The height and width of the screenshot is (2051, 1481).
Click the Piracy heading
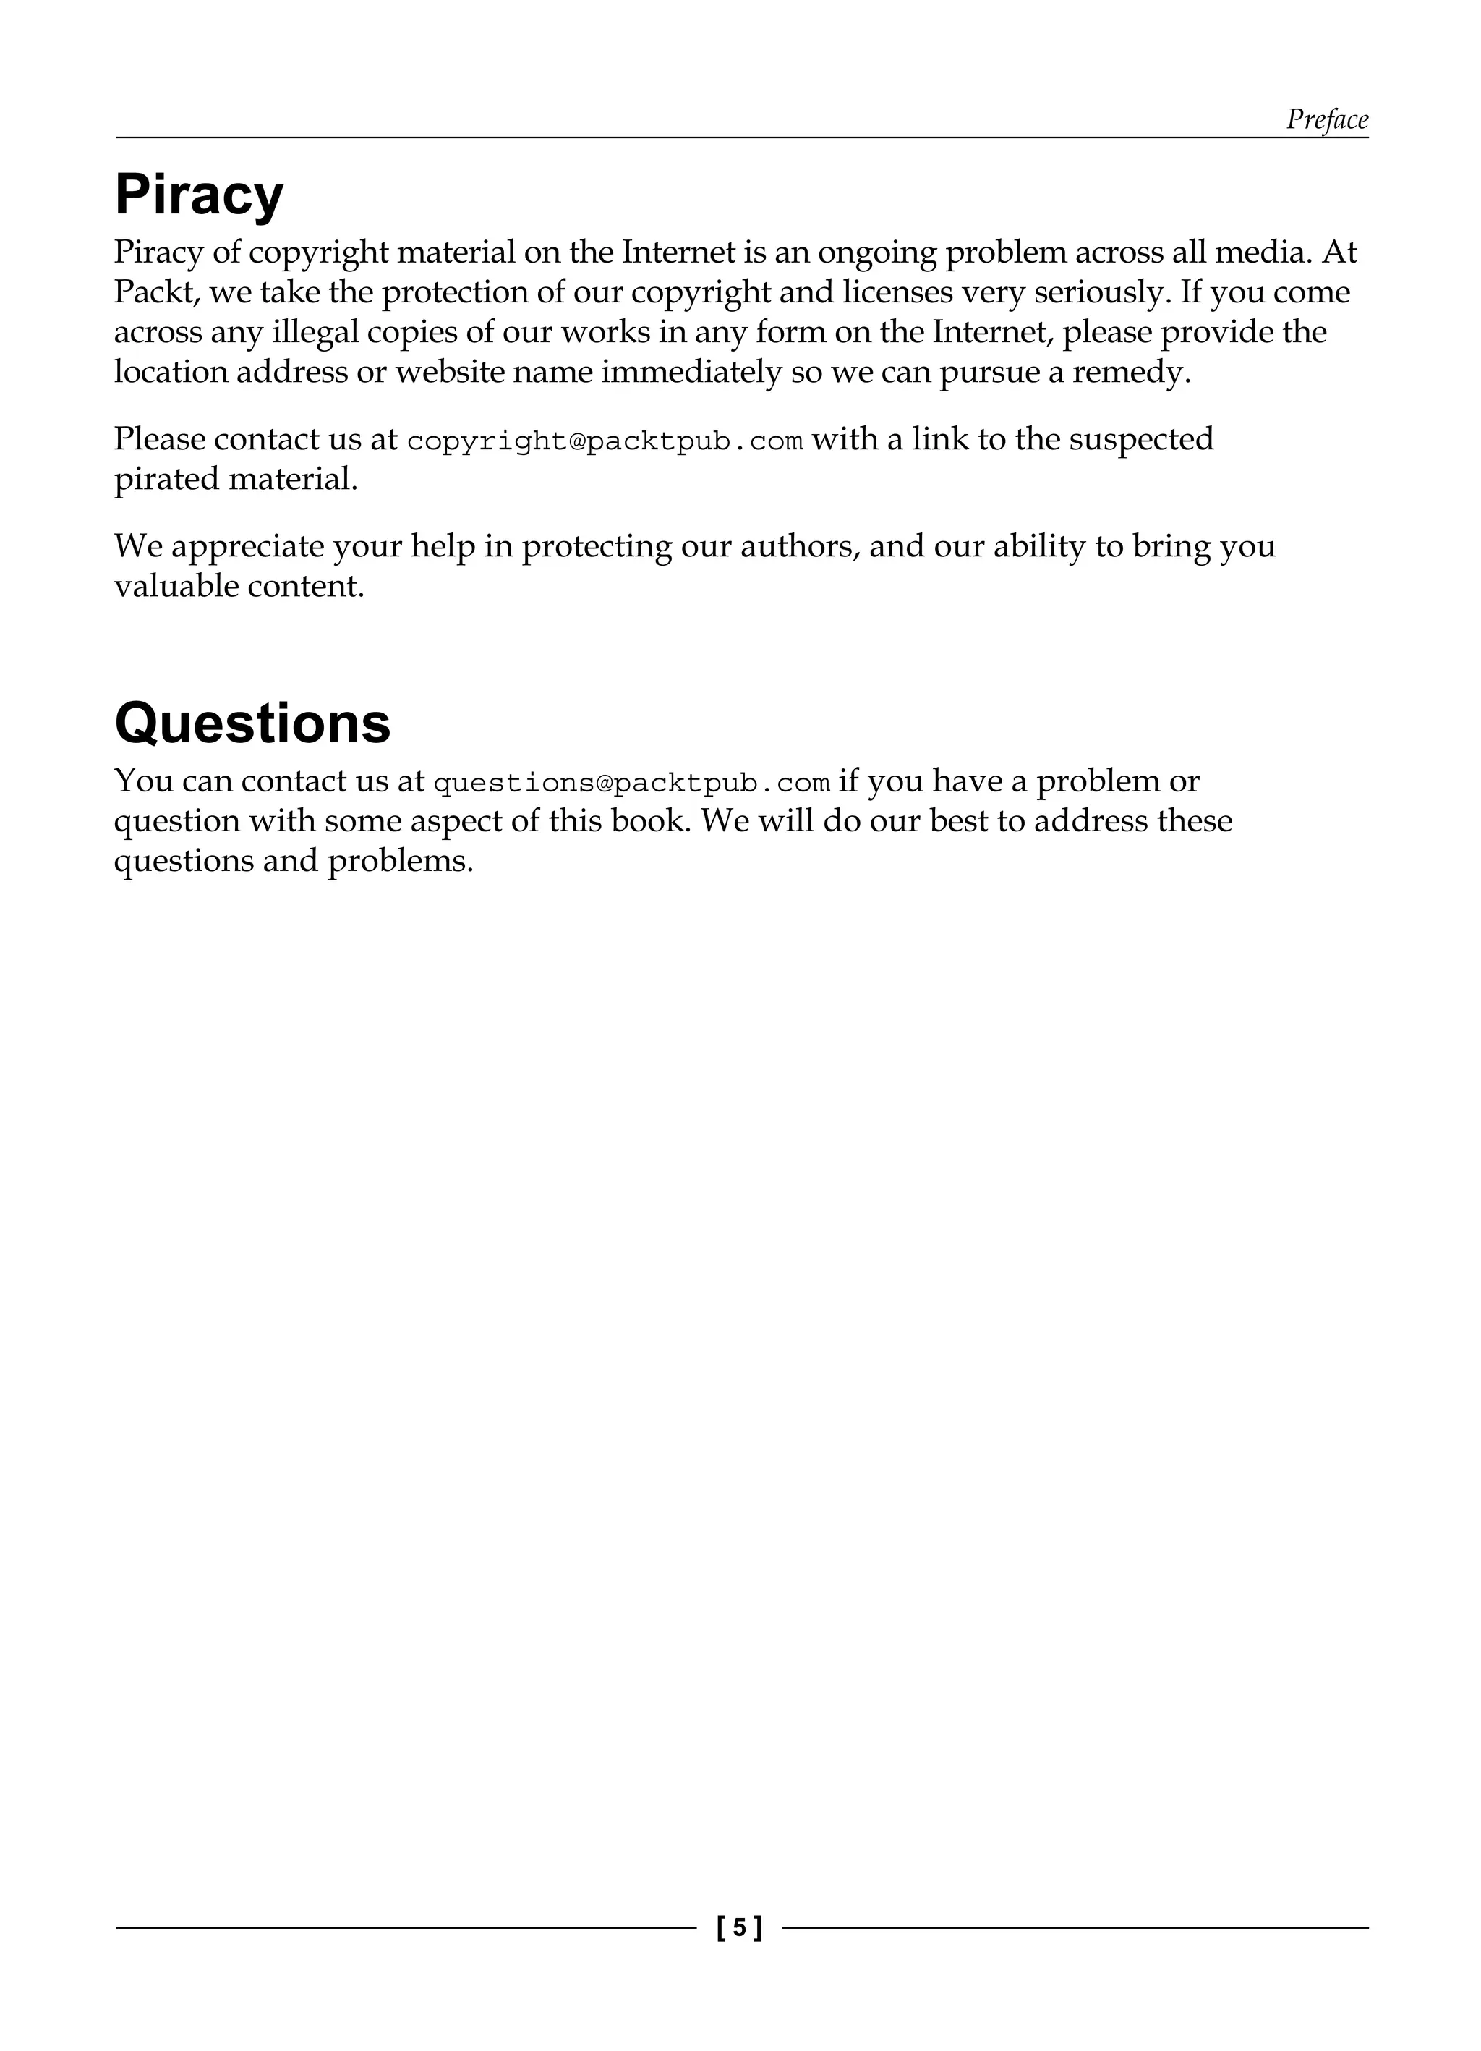tap(199, 196)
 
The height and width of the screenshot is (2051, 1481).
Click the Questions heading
tap(252, 723)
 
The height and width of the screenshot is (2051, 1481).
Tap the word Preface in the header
tap(1326, 119)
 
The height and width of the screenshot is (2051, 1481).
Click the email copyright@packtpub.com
tap(605, 441)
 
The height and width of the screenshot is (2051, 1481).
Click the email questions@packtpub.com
tap(632, 783)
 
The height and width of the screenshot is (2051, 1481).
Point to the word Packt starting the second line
tap(155, 292)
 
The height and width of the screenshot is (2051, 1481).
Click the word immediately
tap(691, 372)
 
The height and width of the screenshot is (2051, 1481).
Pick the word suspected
tap(1141, 440)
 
